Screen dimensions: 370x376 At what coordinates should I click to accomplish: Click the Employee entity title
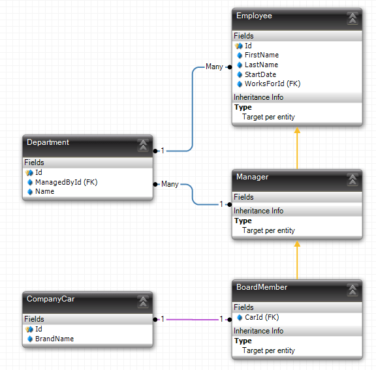[255, 16]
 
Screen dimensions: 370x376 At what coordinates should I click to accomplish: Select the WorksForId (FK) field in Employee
[272, 84]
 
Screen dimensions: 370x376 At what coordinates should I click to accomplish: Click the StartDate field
[261, 74]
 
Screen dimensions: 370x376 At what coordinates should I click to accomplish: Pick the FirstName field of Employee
[261, 55]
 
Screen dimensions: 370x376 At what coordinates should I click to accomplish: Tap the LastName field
[261, 65]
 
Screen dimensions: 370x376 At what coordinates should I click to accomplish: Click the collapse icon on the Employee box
[352, 18]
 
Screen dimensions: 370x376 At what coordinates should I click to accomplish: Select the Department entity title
[48, 142]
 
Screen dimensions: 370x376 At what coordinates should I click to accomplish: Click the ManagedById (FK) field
[66, 182]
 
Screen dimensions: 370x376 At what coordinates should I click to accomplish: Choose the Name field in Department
[44, 192]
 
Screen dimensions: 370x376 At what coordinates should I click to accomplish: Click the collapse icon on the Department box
[143, 145]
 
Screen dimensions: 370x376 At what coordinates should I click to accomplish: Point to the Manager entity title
[252, 177]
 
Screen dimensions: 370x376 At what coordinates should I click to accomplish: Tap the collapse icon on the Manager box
[352, 179]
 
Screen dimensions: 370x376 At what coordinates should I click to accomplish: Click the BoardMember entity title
[262, 287]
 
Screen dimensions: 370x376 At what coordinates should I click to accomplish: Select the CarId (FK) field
[262, 318]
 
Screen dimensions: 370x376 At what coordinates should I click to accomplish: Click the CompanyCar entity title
[51, 299]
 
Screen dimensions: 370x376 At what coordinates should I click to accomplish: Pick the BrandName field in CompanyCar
[54, 339]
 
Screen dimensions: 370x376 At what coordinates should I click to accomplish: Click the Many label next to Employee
[214, 67]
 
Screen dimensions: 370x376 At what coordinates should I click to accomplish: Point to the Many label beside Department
[170, 185]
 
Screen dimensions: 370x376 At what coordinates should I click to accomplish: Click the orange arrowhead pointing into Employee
[297, 131]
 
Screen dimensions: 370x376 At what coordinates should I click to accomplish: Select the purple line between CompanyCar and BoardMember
[193, 320]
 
